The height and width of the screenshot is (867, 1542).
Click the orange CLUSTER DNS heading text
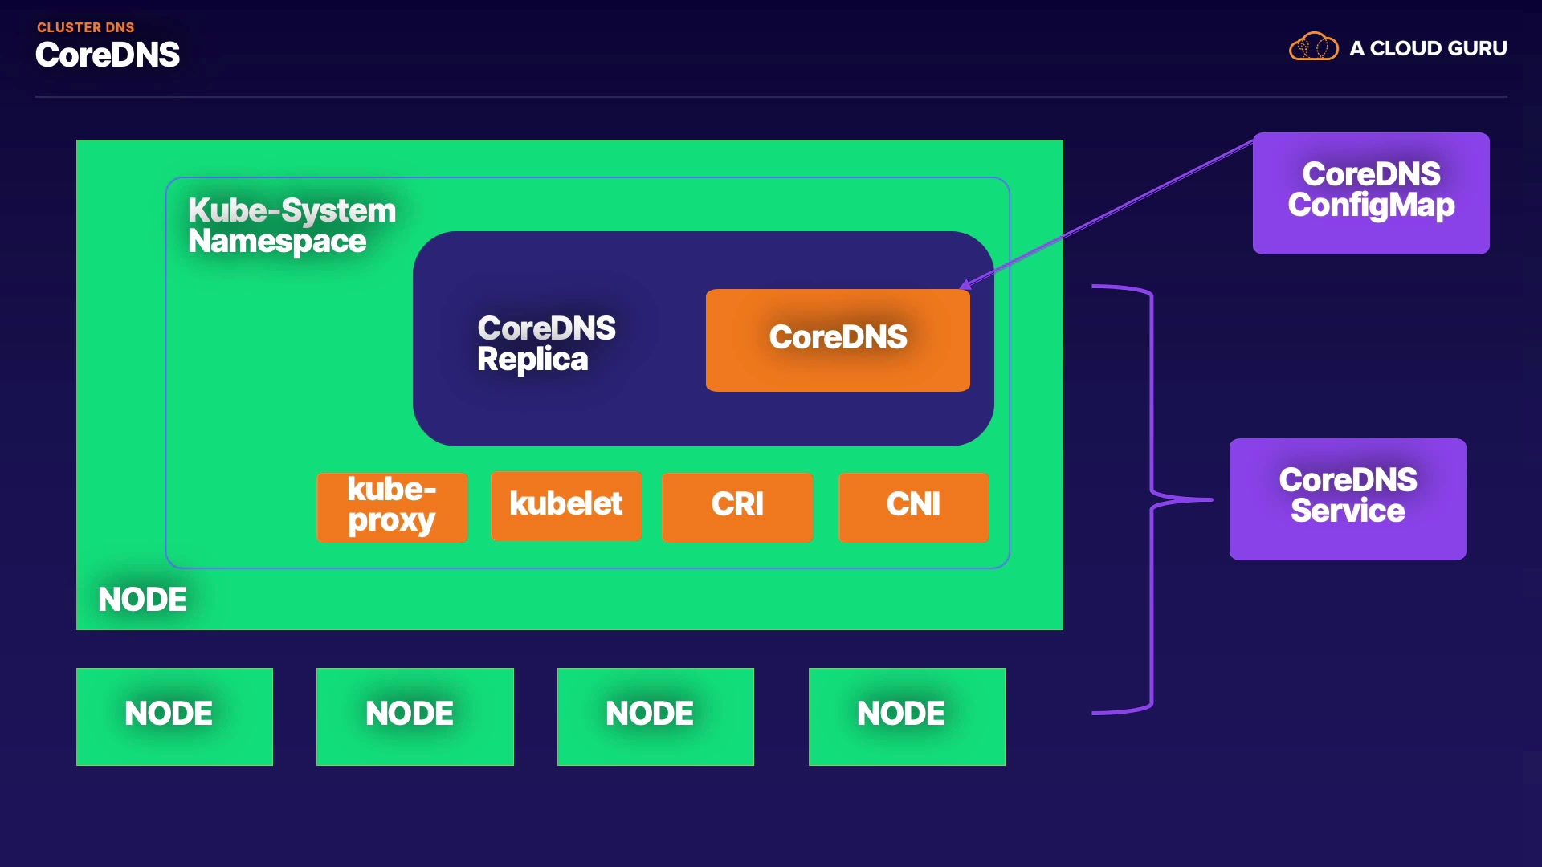pos(85,27)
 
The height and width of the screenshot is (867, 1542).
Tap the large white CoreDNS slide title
pos(108,55)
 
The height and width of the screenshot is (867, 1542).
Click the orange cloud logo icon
pos(1313,47)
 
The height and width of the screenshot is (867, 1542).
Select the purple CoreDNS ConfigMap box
pos(1370,193)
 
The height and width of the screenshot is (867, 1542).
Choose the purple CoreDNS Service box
pos(1347,499)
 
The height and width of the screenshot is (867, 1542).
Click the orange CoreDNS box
pos(837,340)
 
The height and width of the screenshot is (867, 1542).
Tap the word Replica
pos(532,360)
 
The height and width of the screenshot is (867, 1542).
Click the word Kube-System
pos(292,210)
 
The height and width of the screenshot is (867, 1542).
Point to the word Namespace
pos(276,242)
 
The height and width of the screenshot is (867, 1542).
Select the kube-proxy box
pos(392,507)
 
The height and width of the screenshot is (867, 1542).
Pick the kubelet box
pos(565,505)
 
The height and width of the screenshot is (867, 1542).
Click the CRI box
pos(736,506)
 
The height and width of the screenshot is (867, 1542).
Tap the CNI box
pos(913,506)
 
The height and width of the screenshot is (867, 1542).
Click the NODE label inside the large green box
pos(142,600)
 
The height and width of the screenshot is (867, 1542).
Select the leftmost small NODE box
pos(174,716)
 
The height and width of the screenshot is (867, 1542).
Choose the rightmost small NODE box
pos(906,716)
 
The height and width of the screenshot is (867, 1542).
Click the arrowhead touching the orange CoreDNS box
pos(965,285)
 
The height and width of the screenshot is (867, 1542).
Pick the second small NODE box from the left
pos(414,716)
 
